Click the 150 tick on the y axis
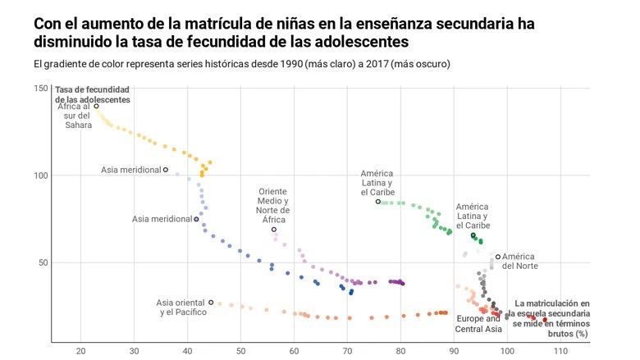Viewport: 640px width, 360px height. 39,88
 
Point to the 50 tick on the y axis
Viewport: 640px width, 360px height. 42,262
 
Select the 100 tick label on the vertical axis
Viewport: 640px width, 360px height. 39,175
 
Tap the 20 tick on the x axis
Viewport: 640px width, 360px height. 80,352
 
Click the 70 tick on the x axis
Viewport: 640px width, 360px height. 347,352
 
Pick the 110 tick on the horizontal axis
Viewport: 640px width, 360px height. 560,352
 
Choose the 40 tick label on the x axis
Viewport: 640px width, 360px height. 187,352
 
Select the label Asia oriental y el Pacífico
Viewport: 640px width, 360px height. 181,308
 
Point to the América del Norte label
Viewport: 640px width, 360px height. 520,261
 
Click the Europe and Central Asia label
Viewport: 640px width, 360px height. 479,324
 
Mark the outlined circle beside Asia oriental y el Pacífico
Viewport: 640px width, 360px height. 212,303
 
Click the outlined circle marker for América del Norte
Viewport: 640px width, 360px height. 498,257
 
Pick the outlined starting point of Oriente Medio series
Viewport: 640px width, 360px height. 274,230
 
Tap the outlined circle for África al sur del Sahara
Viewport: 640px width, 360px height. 96,106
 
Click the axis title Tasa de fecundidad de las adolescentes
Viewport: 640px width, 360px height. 92,93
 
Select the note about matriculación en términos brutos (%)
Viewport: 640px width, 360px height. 551,318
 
